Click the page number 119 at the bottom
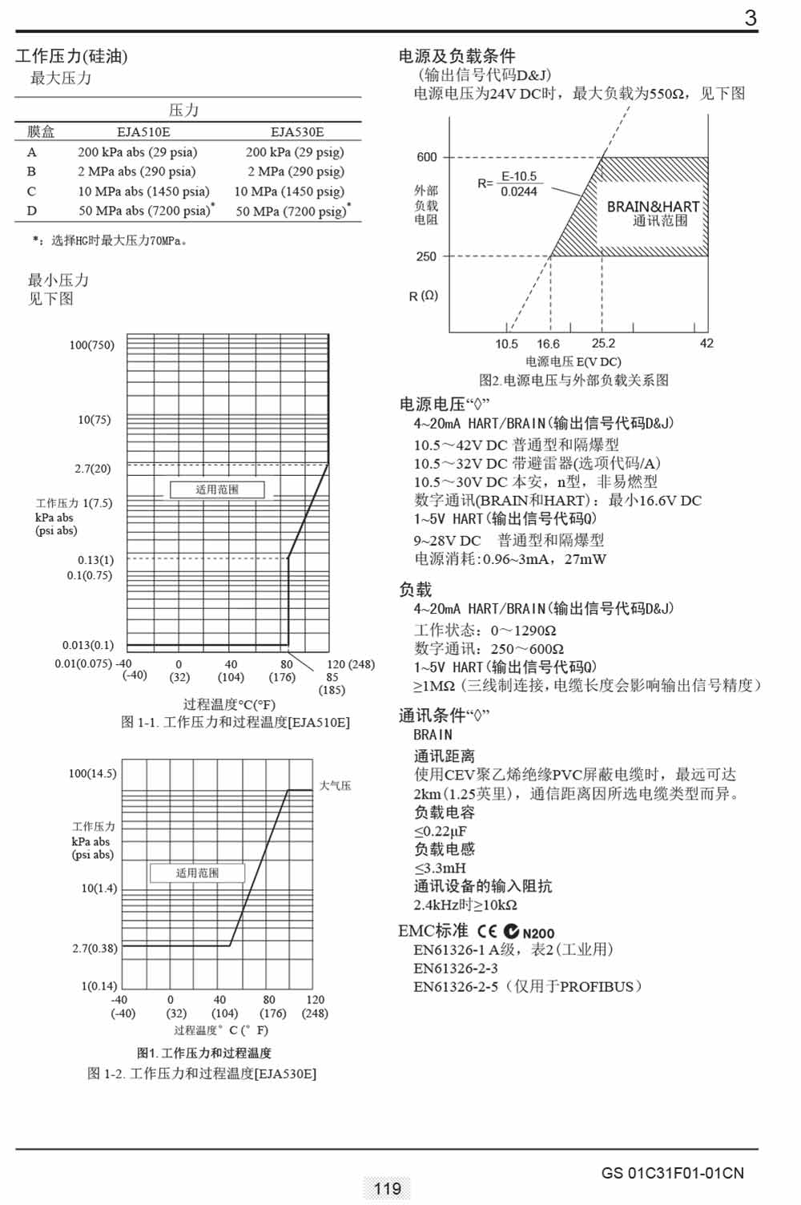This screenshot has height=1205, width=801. pyautogui.click(x=388, y=1188)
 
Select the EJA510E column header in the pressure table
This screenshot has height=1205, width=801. pyautogui.click(x=143, y=132)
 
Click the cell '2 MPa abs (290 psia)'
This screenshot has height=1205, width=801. pyautogui.click(x=137, y=171)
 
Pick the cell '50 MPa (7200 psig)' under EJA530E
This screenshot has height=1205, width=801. pyautogui.click(x=292, y=212)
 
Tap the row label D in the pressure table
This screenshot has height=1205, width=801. pyautogui.click(x=31, y=211)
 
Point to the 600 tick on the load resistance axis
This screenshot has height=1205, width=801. pyautogui.click(x=427, y=157)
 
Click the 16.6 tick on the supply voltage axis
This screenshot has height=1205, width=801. pyautogui.click(x=549, y=344)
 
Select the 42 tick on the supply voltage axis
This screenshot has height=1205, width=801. pyautogui.click(x=706, y=343)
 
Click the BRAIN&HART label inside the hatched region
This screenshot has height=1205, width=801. pyautogui.click(x=653, y=207)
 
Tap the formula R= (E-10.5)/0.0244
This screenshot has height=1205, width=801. pyautogui.click(x=508, y=183)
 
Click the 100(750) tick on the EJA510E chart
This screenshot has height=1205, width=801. pyautogui.click(x=91, y=345)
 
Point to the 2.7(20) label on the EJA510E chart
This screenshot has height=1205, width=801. pyautogui.click(x=93, y=469)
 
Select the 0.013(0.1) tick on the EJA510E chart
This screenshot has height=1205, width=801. pyautogui.click(x=88, y=645)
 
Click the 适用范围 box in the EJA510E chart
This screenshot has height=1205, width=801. pyautogui.click(x=217, y=490)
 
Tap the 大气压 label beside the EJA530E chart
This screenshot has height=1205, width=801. pyautogui.click(x=335, y=786)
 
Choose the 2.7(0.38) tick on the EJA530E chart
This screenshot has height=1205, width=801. pyautogui.click(x=95, y=949)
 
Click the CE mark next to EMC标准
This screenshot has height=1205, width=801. pyautogui.click(x=487, y=932)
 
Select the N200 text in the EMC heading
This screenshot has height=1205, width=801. pyautogui.click(x=538, y=933)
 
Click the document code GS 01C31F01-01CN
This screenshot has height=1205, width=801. pyautogui.click(x=672, y=1174)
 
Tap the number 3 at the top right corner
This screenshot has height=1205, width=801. pyautogui.click(x=751, y=18)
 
